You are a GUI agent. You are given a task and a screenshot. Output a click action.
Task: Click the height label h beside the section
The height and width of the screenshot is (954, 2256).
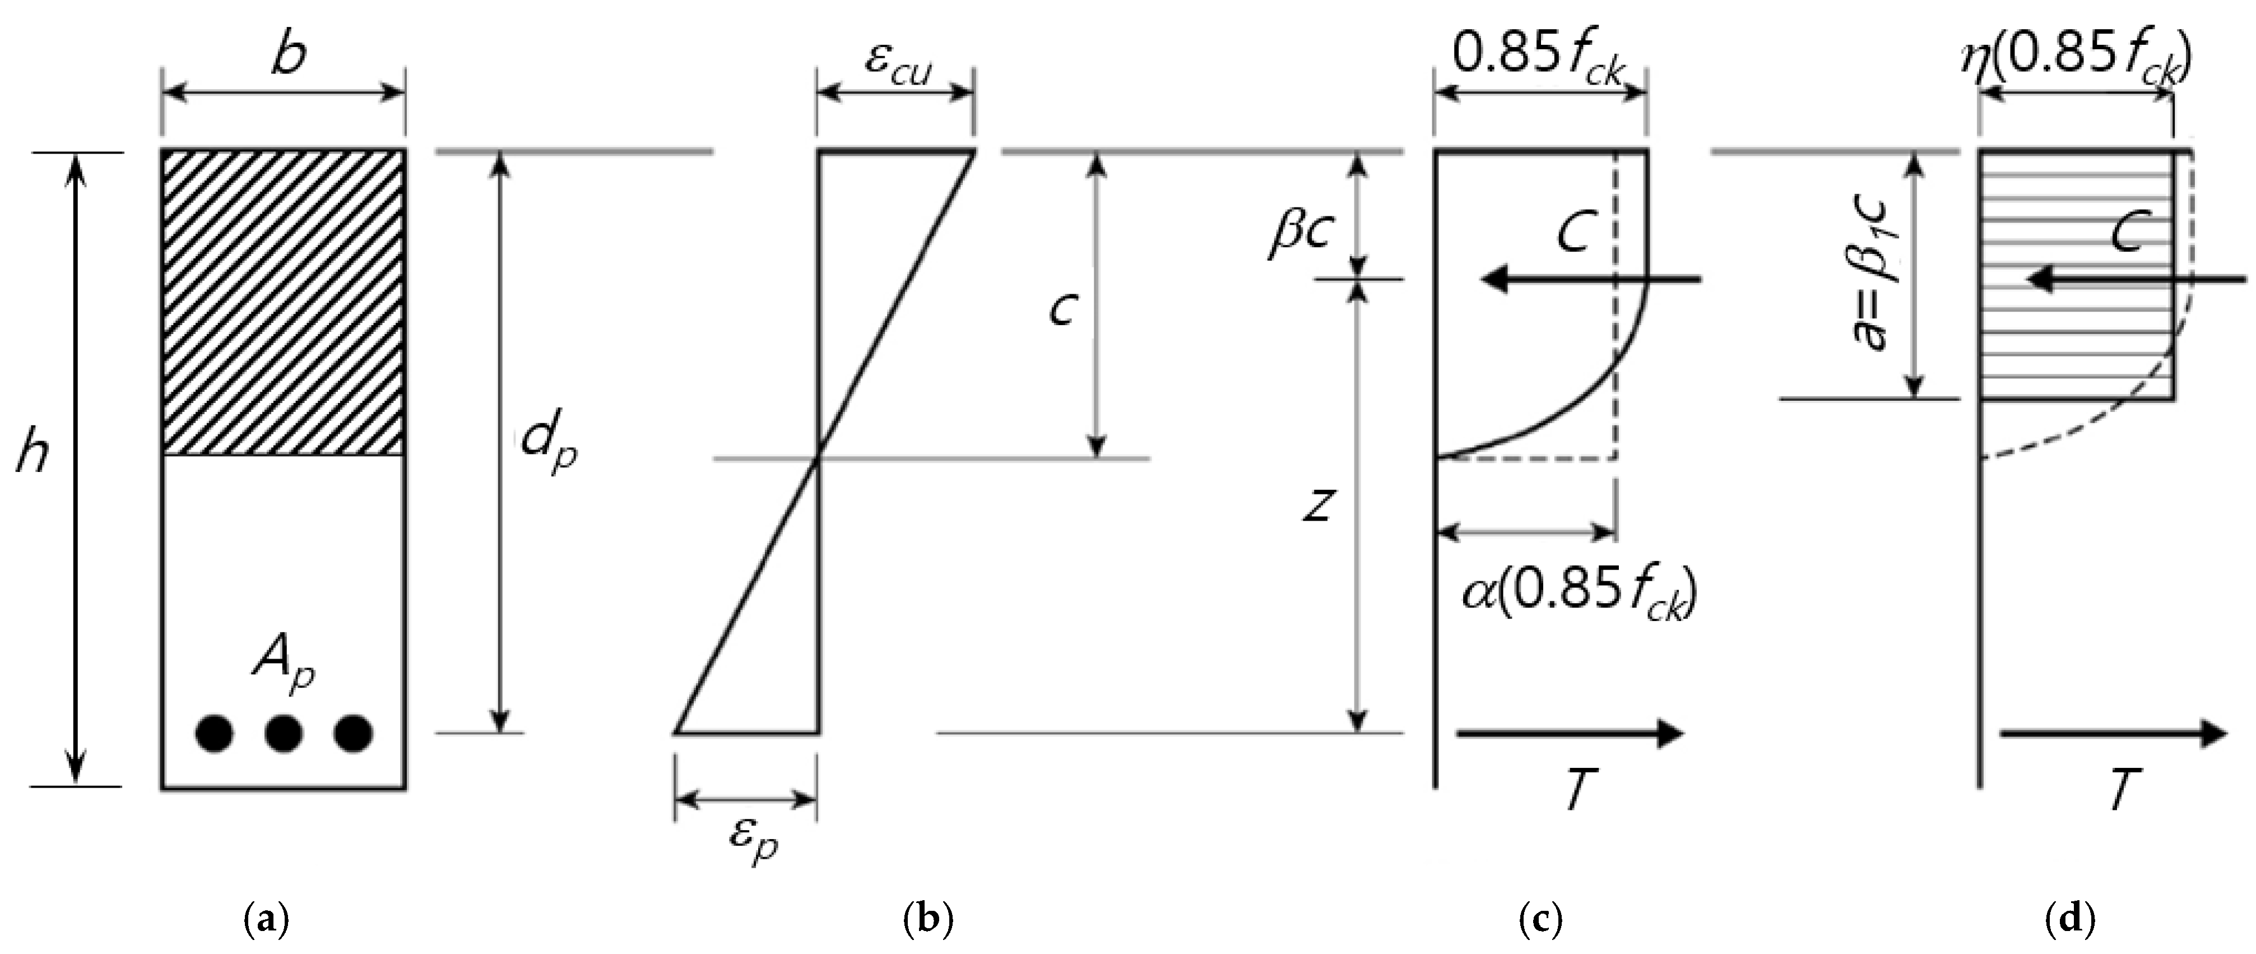click(33, 457)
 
